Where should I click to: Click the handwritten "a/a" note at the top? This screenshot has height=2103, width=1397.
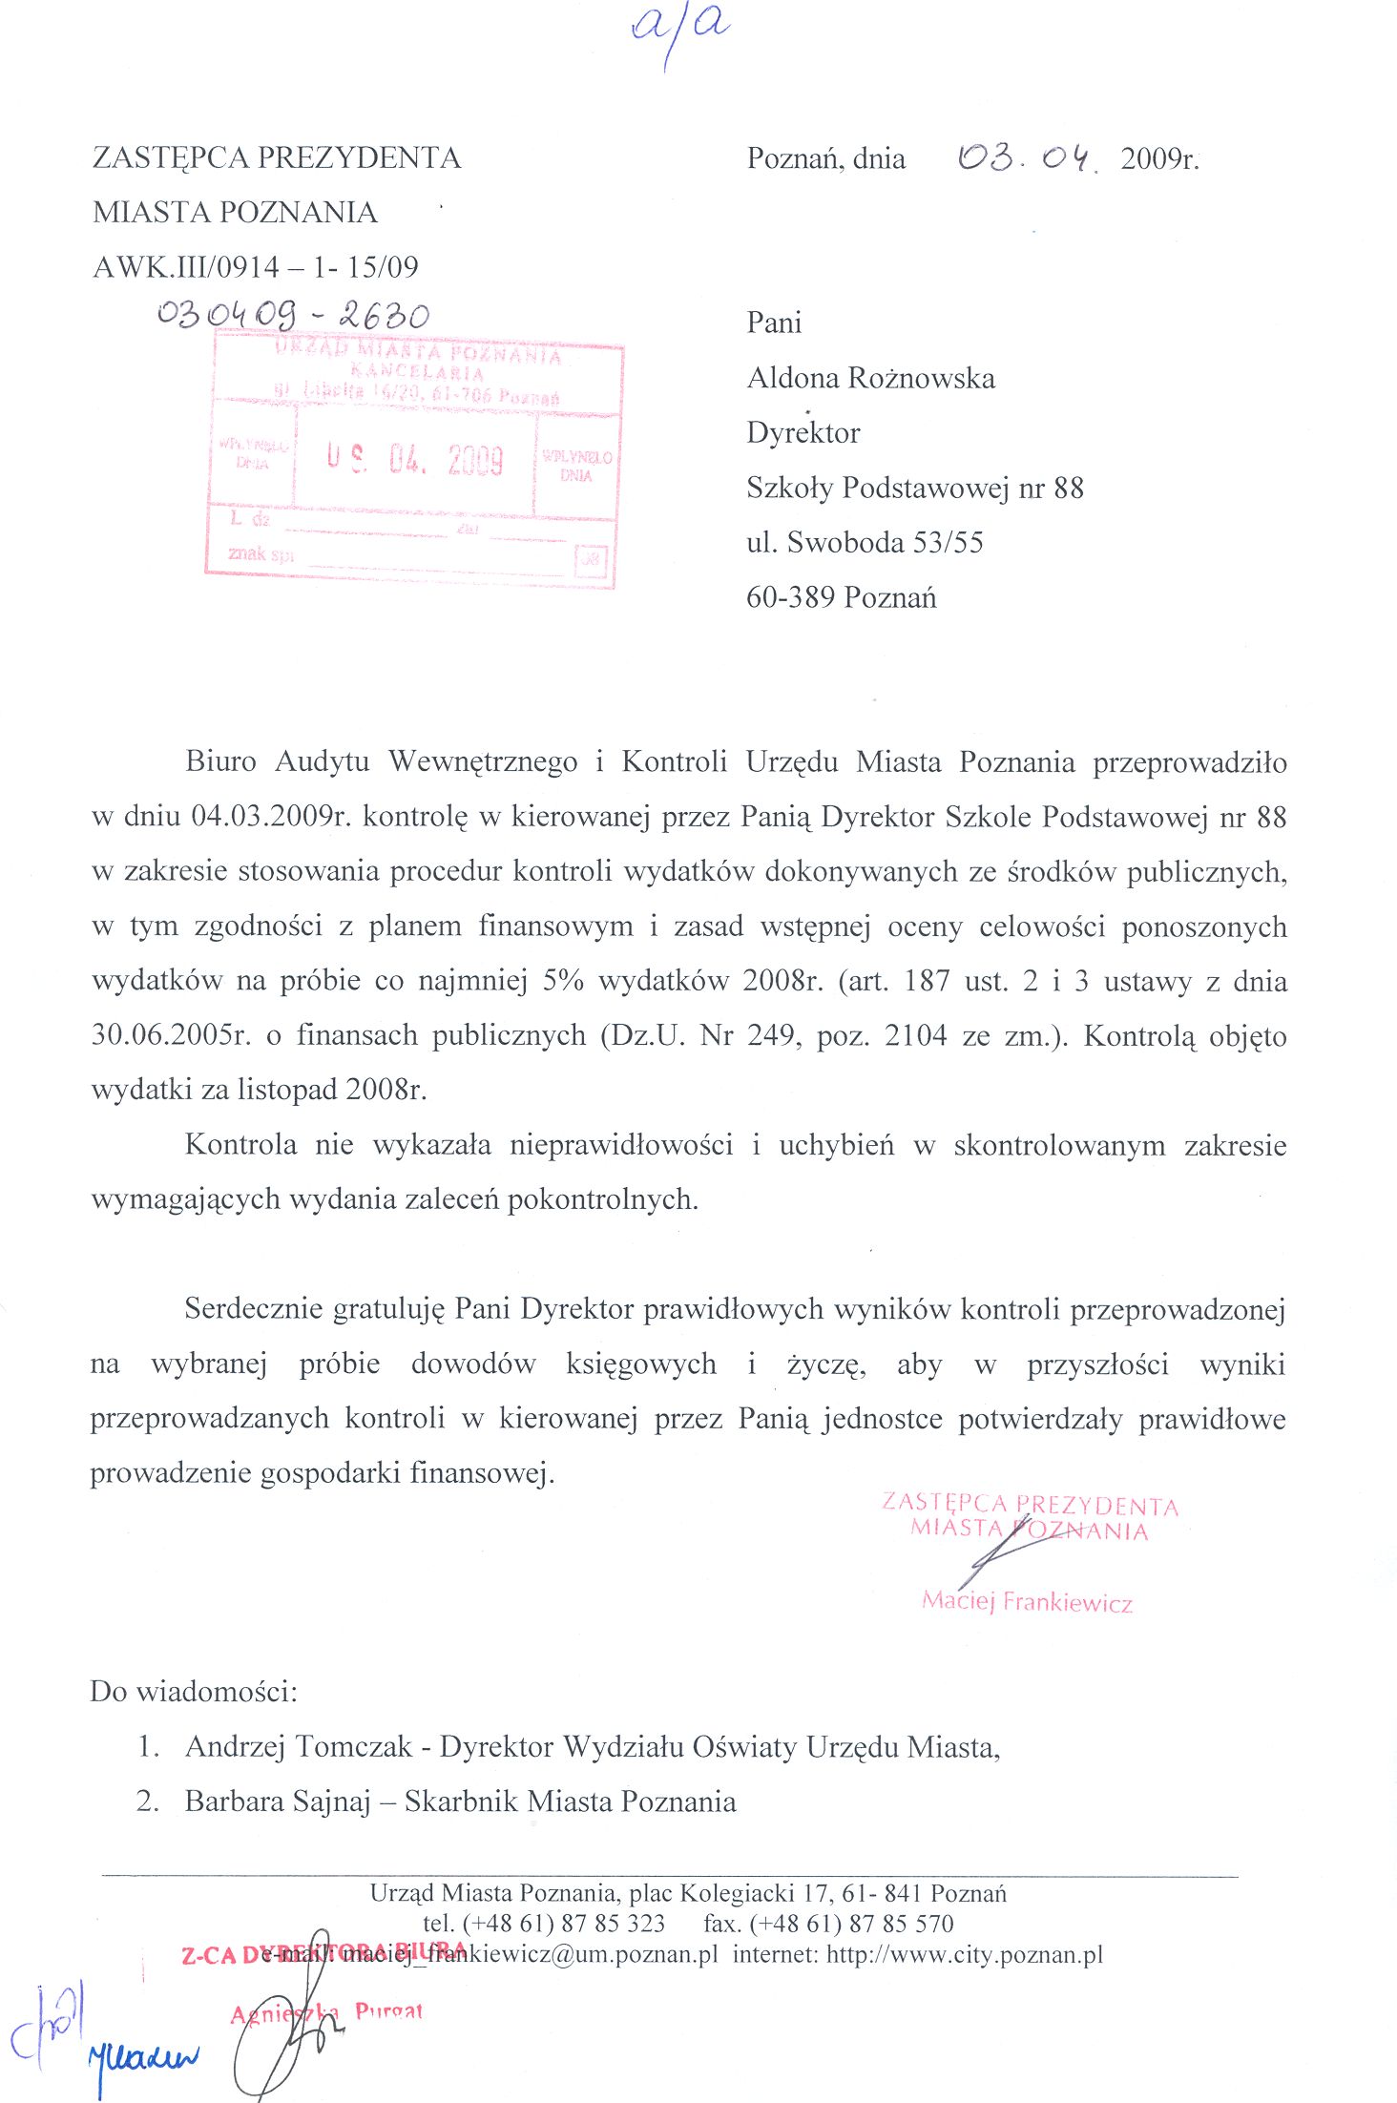click(x=679, y=29)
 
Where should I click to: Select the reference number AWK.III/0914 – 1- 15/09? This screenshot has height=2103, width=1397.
click(x=256, y=267)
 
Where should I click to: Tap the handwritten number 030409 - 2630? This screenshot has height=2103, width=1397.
click(x=294, y=314)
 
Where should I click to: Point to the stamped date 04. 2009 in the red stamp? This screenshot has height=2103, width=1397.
click(x=445, y=461)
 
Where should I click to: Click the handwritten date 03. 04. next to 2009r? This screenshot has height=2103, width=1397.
click(x=1027, y=157)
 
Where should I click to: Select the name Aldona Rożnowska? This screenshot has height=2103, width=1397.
click(x=870, y=379)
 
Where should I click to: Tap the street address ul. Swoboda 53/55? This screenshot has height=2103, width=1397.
click(x=865, y=543)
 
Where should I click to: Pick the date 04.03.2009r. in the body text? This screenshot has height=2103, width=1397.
click(x=273, y=817)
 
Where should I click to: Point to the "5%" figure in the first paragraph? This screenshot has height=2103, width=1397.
click(x=562, y=981)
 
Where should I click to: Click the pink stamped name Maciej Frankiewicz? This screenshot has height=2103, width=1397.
click(x=1027, y=1601)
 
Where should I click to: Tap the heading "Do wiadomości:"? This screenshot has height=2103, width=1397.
click(x=194, y=1692)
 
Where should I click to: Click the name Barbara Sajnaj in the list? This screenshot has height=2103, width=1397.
click(x=278, y=1801)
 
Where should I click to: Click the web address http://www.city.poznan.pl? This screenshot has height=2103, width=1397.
click(x=964, y=1954)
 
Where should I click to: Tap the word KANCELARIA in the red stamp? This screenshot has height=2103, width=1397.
click(x=417, y=372)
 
